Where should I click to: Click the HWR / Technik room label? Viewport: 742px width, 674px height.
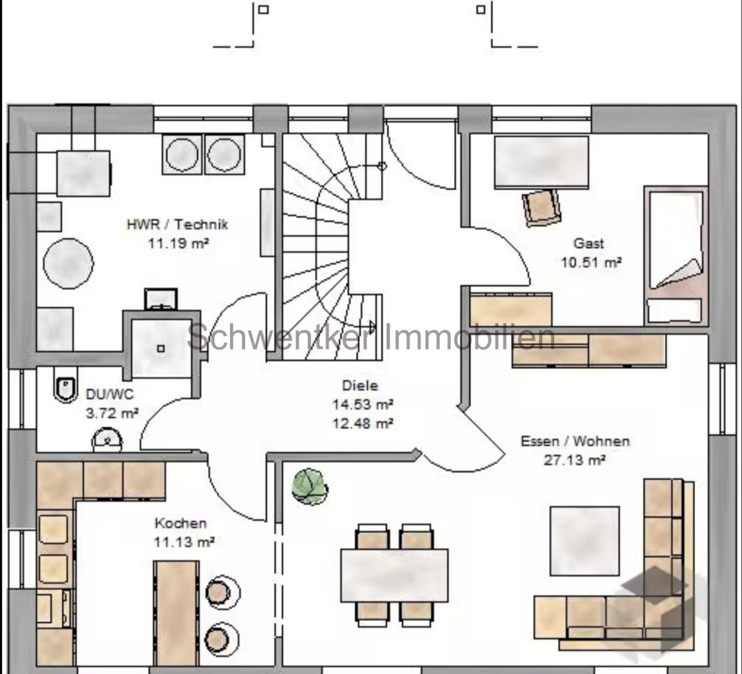coord(177,224)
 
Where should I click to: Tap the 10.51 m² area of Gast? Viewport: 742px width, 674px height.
coord(591,263)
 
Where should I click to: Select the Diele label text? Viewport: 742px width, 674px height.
coord(360,385)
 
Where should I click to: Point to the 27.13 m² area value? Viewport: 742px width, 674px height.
coord(574,460)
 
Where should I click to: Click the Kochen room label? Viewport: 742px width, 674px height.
coord(180,523)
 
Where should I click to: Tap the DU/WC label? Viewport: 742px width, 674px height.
coord(110,394)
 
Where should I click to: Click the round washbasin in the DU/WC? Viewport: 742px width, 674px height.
coord(107,440)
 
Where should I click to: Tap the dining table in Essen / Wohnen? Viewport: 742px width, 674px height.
coord(394,575)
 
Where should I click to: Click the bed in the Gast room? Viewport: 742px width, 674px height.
coord(676,256)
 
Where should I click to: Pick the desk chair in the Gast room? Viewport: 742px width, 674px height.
coord(541,207)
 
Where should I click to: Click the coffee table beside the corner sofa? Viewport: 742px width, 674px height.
coord(584,541)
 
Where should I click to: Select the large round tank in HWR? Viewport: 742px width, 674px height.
coord(68,263)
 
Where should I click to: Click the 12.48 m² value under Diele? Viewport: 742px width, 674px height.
coord(362,423)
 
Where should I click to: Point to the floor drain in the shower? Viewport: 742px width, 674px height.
coord(161,348)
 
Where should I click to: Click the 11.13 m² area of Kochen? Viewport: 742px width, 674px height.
coord(184,542)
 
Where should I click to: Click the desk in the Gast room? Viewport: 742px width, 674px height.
coord(541,162)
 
